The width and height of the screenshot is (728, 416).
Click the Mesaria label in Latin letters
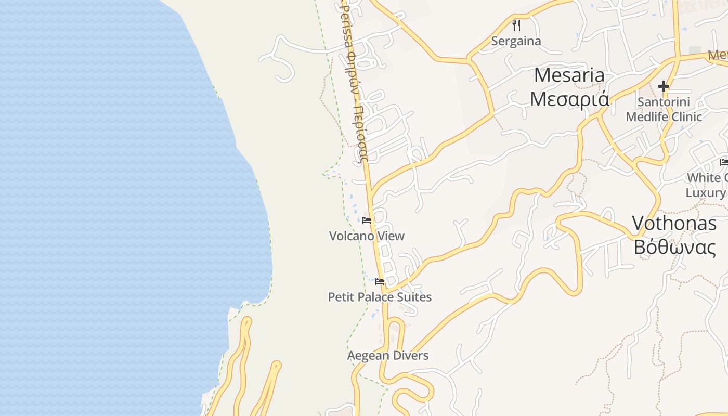pyautogui.click(x=569, y=76)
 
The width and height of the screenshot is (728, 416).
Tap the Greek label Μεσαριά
pyautogui.click(x=569, y=98)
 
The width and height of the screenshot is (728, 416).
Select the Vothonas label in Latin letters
pyautogui.click(x=674, y=224)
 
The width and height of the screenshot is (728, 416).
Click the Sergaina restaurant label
pyautogui.click(x=516, y=41)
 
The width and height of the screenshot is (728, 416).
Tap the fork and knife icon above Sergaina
pyautogui.click(x=516, y=25)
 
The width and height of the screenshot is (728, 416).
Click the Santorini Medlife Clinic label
pyautogui.click(x=664, y=109)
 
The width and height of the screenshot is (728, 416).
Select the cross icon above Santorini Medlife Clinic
pyautogui.click(x=664, y=86)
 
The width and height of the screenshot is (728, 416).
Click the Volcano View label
pyautogui.click(x=367, y=236)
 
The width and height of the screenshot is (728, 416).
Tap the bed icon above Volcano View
pyautogui.click(x=367, y=220)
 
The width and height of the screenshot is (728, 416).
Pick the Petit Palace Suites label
pyautogui.click(x=380, y=297)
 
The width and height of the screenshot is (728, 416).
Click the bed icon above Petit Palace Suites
pyautogui.click(x=380, y=282)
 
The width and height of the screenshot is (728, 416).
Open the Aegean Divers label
pyautogui.click(x=388, y=356)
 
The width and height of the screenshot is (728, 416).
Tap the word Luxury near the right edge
pyautogui.click(x=705, y=193)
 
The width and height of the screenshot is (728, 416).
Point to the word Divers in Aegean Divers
pyautogui.click(x=411, y=356)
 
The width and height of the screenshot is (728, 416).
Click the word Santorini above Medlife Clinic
pyautogui.click(x=664, y=102)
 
